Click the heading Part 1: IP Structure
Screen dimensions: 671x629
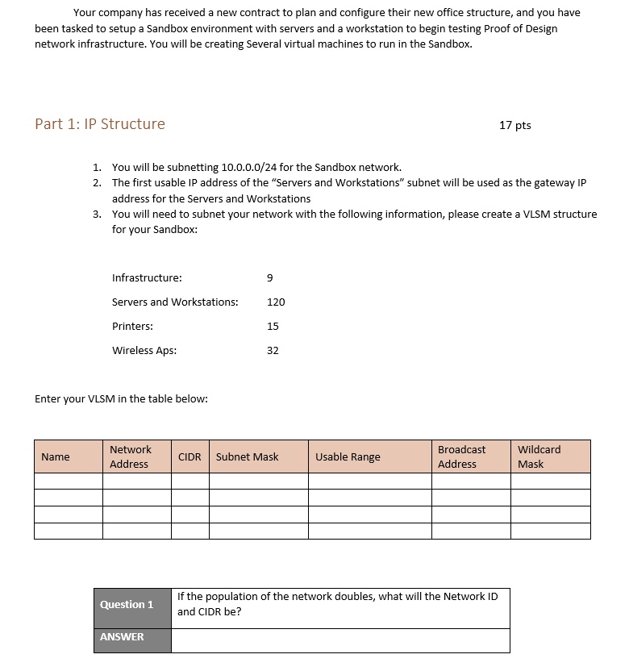tap(100, 124)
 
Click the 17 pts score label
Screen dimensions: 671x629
tap(515, 125)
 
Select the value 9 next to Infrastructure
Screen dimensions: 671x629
tap(269, 278)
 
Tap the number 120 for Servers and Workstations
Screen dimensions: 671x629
tap(276, 302)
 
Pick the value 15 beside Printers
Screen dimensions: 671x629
tap(273, 327)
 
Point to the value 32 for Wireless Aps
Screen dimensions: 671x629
tap(273, 351)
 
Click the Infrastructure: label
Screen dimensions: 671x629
tap(147, 278)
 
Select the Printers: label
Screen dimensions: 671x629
tap(132, 327)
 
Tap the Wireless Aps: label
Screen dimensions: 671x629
tap(144, 351)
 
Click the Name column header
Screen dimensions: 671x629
tap(56, 457)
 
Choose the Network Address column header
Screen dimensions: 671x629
tap(130, 456)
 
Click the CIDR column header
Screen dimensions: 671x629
tap(190, 457)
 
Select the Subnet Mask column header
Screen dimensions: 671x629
tap(248, 457)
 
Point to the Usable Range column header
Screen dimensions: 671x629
tap(348, 457)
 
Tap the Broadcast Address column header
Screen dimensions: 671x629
tap(461, 456)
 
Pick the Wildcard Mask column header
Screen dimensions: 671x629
tap(539, 456)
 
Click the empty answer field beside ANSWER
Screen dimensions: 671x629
tap(340, 640)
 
